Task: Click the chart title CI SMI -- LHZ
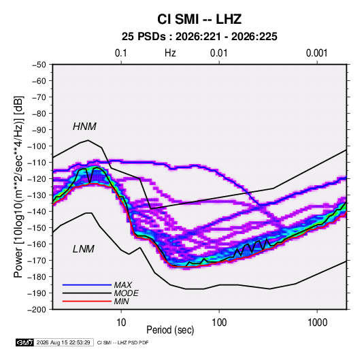[199, 19]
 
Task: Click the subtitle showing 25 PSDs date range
[199, 37]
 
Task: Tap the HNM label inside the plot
[84, 127]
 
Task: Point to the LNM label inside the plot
[84, 249]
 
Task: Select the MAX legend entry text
[123, 285]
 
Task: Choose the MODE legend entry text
[127, 293]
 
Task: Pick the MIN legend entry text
[121, 301]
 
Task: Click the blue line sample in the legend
[87, 285]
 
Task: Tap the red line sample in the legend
[87, 301]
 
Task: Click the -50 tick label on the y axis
[39, 65]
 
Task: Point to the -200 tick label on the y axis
[37, 310]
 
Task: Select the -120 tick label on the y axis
[37, 179]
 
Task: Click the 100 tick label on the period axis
[219, 323]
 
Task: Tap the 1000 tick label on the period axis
[317, 323]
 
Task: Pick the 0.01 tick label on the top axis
[219, 53]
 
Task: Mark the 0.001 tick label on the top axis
[316, 53]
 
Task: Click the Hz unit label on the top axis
[170, 53]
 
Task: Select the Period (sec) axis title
[170, 330]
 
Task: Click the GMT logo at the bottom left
[24, 342]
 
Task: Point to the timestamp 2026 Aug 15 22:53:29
[63, 342]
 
